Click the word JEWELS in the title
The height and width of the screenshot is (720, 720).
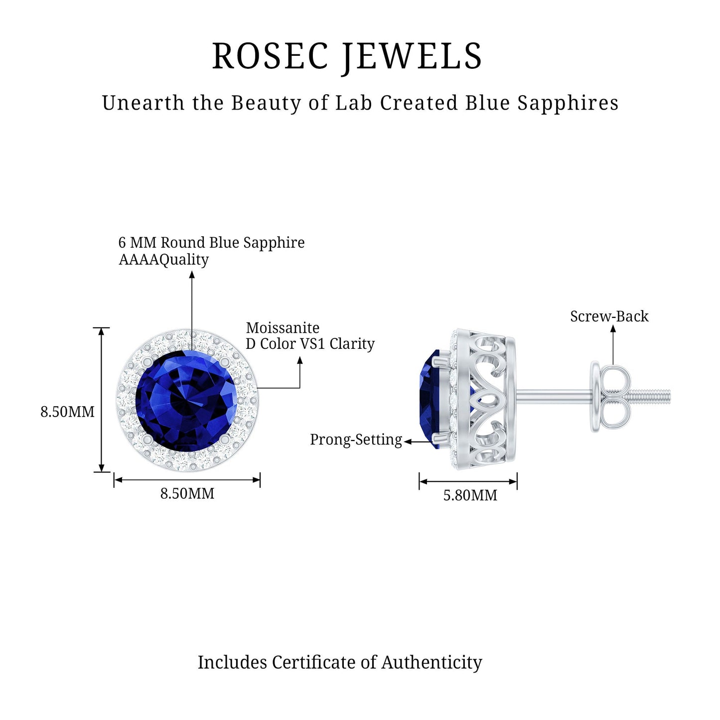pyautogui.click(x=412, y=56)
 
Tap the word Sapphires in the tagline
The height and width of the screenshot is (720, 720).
pyautogui.click(x=568, y=103)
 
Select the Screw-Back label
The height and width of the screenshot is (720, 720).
pyautogui.click(x=609, y=316)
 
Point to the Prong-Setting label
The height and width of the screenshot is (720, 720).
pyautogui.click(x=356, y=439)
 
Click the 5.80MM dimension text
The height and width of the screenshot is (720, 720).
pyautogui.click(x=470, y=495)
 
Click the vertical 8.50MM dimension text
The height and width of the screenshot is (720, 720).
pyautogui.click(x=67, y=412)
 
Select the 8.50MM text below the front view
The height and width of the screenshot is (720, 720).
pyautogui.click(x=187, y=493)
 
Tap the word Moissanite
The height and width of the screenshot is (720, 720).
pyautogui.click(x=283, y=328)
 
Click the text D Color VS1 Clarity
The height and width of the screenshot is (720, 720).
pyautogui.click(x=310, y=344)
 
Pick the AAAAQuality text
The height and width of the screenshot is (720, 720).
pyautogui.click(x=163, y=260)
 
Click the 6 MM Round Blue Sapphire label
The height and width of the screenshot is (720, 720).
pyautogui.click(x=211, y=243)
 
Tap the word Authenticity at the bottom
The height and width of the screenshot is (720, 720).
pyautogui.click(x=432, y=662)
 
